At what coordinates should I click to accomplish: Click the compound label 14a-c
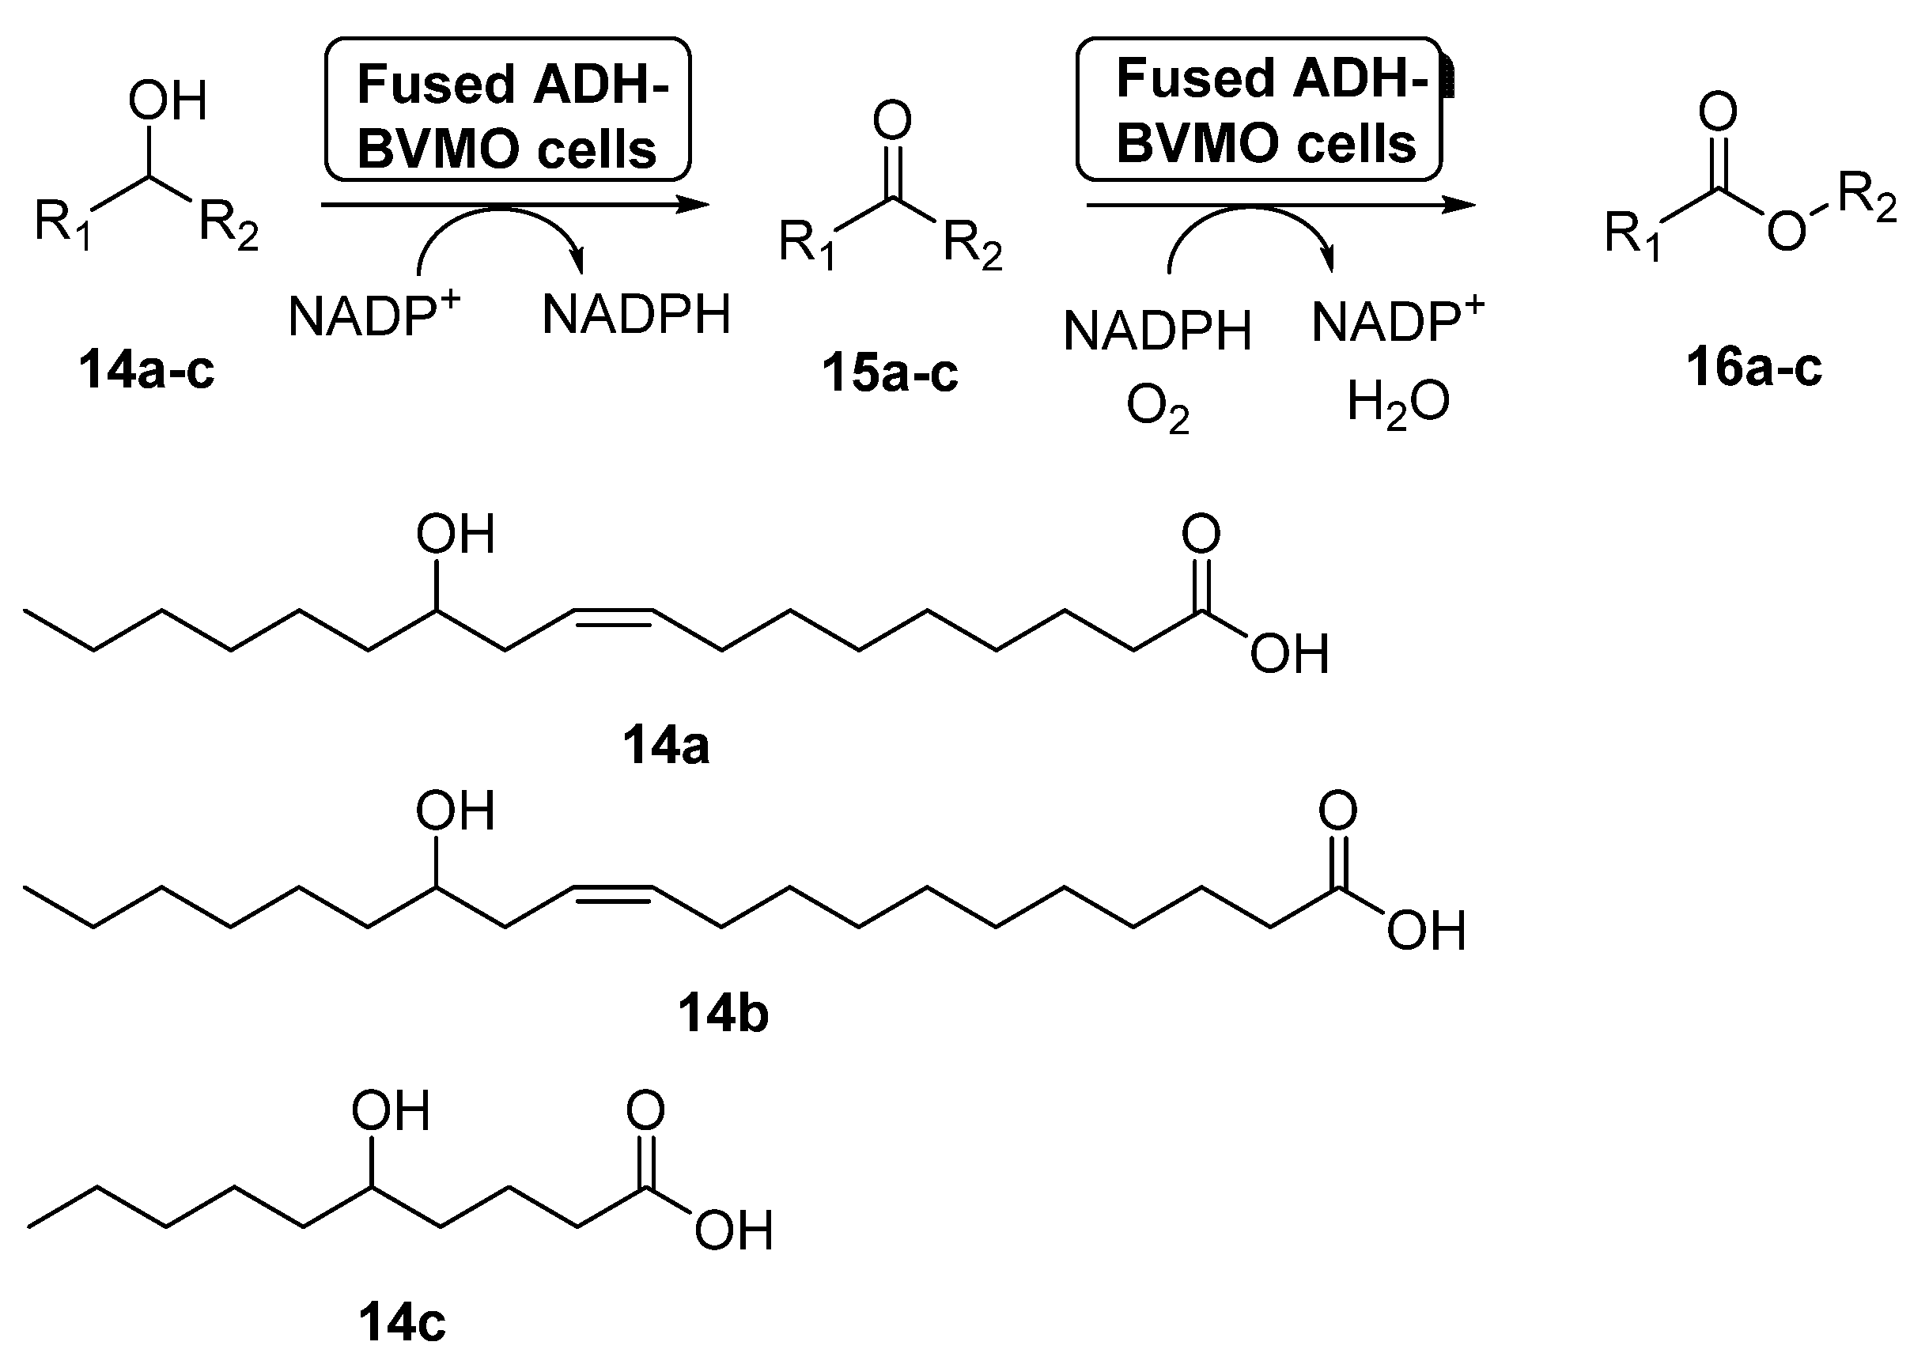pos(146,370)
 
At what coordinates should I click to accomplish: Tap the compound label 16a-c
pos(1754,369)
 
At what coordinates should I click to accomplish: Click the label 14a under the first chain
pos(666,746)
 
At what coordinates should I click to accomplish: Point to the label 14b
pos(723,1014)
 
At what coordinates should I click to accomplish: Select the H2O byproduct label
pos(1398,403)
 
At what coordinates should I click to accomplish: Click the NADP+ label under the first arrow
pos(373,313)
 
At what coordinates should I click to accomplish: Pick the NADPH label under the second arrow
pos(1157,331)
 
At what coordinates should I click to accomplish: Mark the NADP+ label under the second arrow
pos(1398,320)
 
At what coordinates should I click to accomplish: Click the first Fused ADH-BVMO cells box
pos(508,110)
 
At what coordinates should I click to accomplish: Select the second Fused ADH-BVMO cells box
pos(1259,110)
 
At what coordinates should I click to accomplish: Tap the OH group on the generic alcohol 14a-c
pos(168,102)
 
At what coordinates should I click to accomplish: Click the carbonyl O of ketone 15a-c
pos(892,121)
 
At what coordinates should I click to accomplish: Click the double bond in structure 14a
pos(613,616)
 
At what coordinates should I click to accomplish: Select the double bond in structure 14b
pos(613,893)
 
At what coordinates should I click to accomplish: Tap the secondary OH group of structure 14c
pos(391,1112)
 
